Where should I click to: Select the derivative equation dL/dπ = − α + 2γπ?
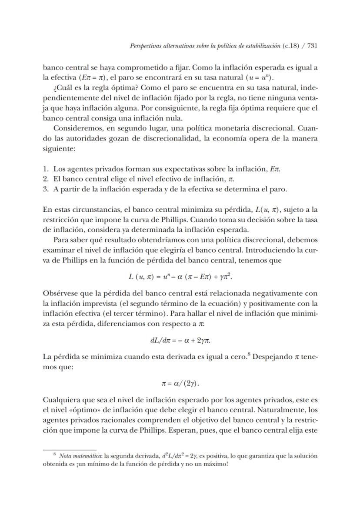[x=180, y=340]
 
